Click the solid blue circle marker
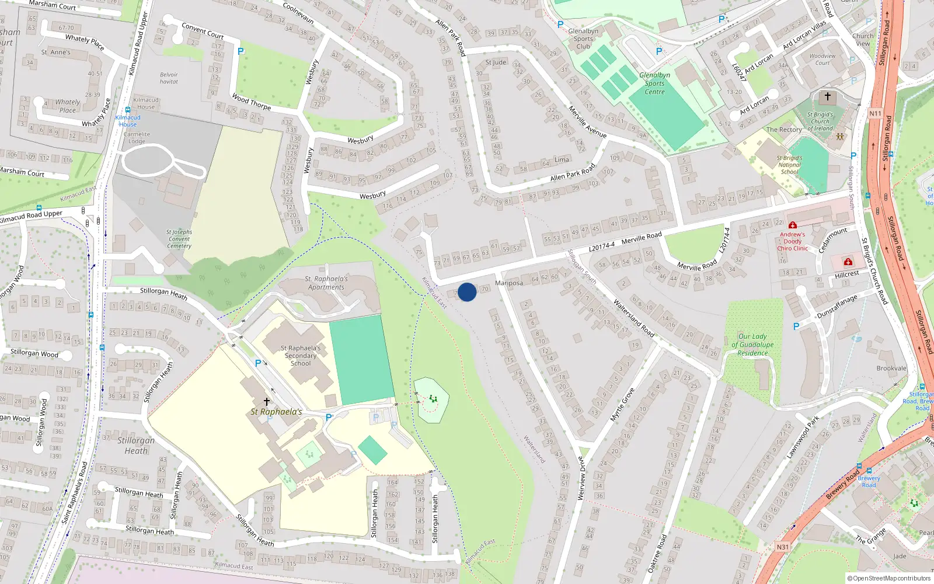[467, 292]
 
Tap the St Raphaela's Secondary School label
[301, 356]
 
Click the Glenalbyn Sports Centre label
[654, 84]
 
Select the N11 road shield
[875, 114]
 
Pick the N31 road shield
[782, 547]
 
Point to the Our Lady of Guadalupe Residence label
[752, 345]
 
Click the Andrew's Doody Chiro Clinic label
[792, 241]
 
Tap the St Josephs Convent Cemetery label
[179, 239]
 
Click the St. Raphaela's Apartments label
[326, 283]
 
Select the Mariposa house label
[508, 283]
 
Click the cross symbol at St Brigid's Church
[827, 96]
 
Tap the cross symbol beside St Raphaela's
[267, 402]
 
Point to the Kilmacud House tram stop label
[128, 120]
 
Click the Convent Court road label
[203, 30]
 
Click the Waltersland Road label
[633, 318]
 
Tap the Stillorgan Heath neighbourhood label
[136, 445]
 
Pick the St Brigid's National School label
[790, 165]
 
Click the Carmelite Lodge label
[137, 138]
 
